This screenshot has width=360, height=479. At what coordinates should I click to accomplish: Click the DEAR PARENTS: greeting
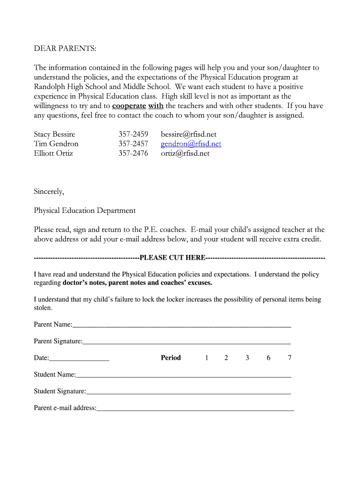[x=65, y=49]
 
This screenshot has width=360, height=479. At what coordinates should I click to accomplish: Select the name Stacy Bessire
[x=54, y=134]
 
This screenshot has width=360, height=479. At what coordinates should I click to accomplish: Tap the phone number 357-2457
[x=133, y=144]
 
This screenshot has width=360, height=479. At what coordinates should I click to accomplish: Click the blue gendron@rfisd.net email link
[x=191, y=144]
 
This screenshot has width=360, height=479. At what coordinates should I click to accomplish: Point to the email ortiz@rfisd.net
[x=185, y=153]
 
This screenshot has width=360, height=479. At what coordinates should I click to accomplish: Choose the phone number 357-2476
[x=133, y=153]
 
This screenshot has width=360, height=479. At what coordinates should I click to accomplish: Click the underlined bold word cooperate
[x=129, y=106]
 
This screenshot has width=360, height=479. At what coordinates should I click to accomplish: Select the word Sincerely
[x=49, y=191]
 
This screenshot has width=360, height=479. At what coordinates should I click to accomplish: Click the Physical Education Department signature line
[x=85, y=210]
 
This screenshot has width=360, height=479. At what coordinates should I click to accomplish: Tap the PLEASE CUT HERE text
[x=173, y=258]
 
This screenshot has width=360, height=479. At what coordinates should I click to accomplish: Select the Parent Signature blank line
[x=187, y=342]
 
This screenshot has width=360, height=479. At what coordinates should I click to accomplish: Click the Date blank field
[x=79, y=359]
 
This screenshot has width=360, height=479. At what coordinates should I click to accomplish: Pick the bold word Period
[x=171, y=358]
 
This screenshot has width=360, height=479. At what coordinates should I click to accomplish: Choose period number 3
[x=247, y=358]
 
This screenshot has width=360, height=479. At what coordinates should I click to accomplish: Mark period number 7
[x=289, y=358]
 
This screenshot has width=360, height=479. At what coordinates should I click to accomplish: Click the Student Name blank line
[x=183, y=375]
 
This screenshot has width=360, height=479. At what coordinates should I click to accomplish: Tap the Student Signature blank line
[x=188, y=392]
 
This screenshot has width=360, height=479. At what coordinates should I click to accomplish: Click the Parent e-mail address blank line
[x=195, y=409]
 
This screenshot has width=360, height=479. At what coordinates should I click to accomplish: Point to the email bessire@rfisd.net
[x=188, y=134]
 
